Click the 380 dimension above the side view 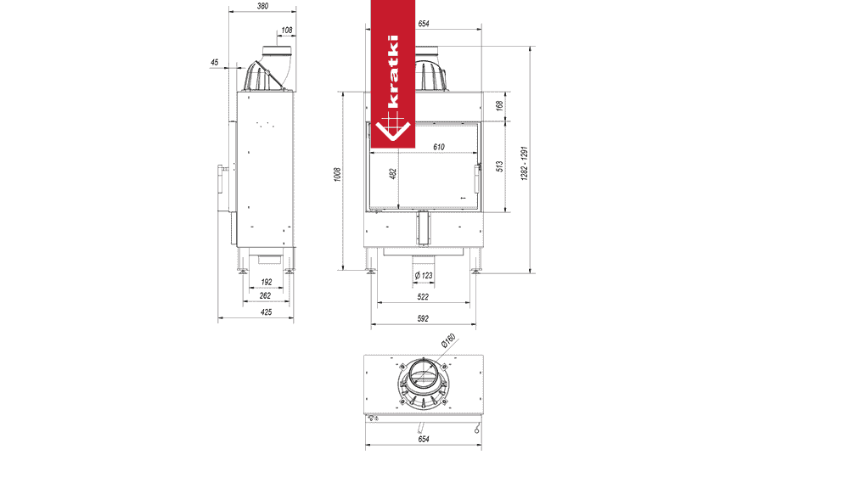(262, 7)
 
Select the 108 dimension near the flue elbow (287, 31)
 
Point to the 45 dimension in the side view (215, 63)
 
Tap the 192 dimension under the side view (267, 282)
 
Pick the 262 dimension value (265, 295)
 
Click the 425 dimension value (267, 312)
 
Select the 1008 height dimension (338, 174)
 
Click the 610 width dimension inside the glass (439, 148)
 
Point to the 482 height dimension (393, 174)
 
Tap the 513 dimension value (500, 166)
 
